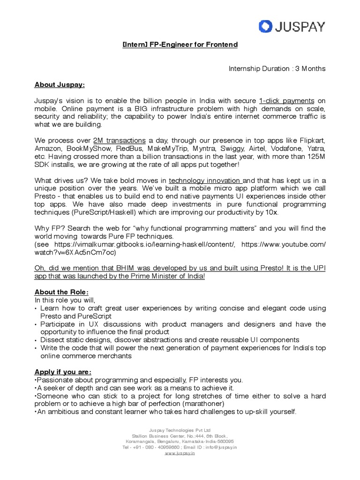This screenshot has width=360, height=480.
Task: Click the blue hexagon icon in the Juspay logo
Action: pos(266,26)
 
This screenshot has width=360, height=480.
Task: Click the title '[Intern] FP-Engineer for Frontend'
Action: pos(180,45)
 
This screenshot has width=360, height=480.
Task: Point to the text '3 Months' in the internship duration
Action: pos(309,69)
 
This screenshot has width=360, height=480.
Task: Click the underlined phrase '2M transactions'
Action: pos(120,141)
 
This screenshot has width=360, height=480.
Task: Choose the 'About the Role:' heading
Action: pos(61,292)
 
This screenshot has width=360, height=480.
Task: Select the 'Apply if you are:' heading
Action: pos(63,372)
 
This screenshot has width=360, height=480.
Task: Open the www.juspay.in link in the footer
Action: pos(180,453)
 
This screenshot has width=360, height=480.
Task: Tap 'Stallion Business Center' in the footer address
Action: pos(158,435)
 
